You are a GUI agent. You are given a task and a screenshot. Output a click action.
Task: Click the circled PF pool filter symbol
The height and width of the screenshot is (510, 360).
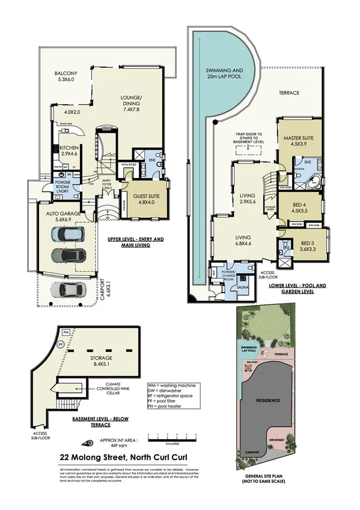point(43,344)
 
